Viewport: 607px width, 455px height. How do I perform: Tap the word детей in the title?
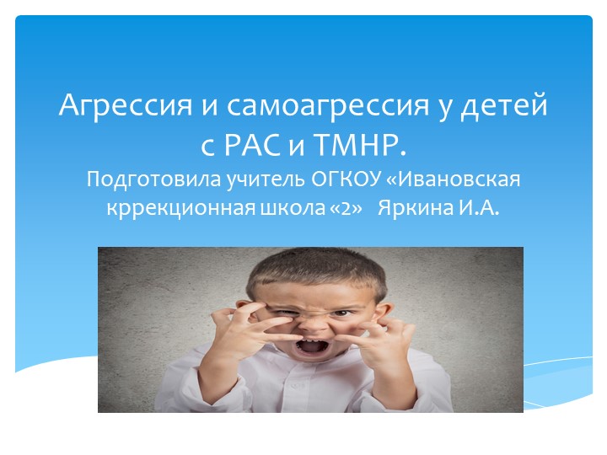pyautogui.click(x=508, y=106)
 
